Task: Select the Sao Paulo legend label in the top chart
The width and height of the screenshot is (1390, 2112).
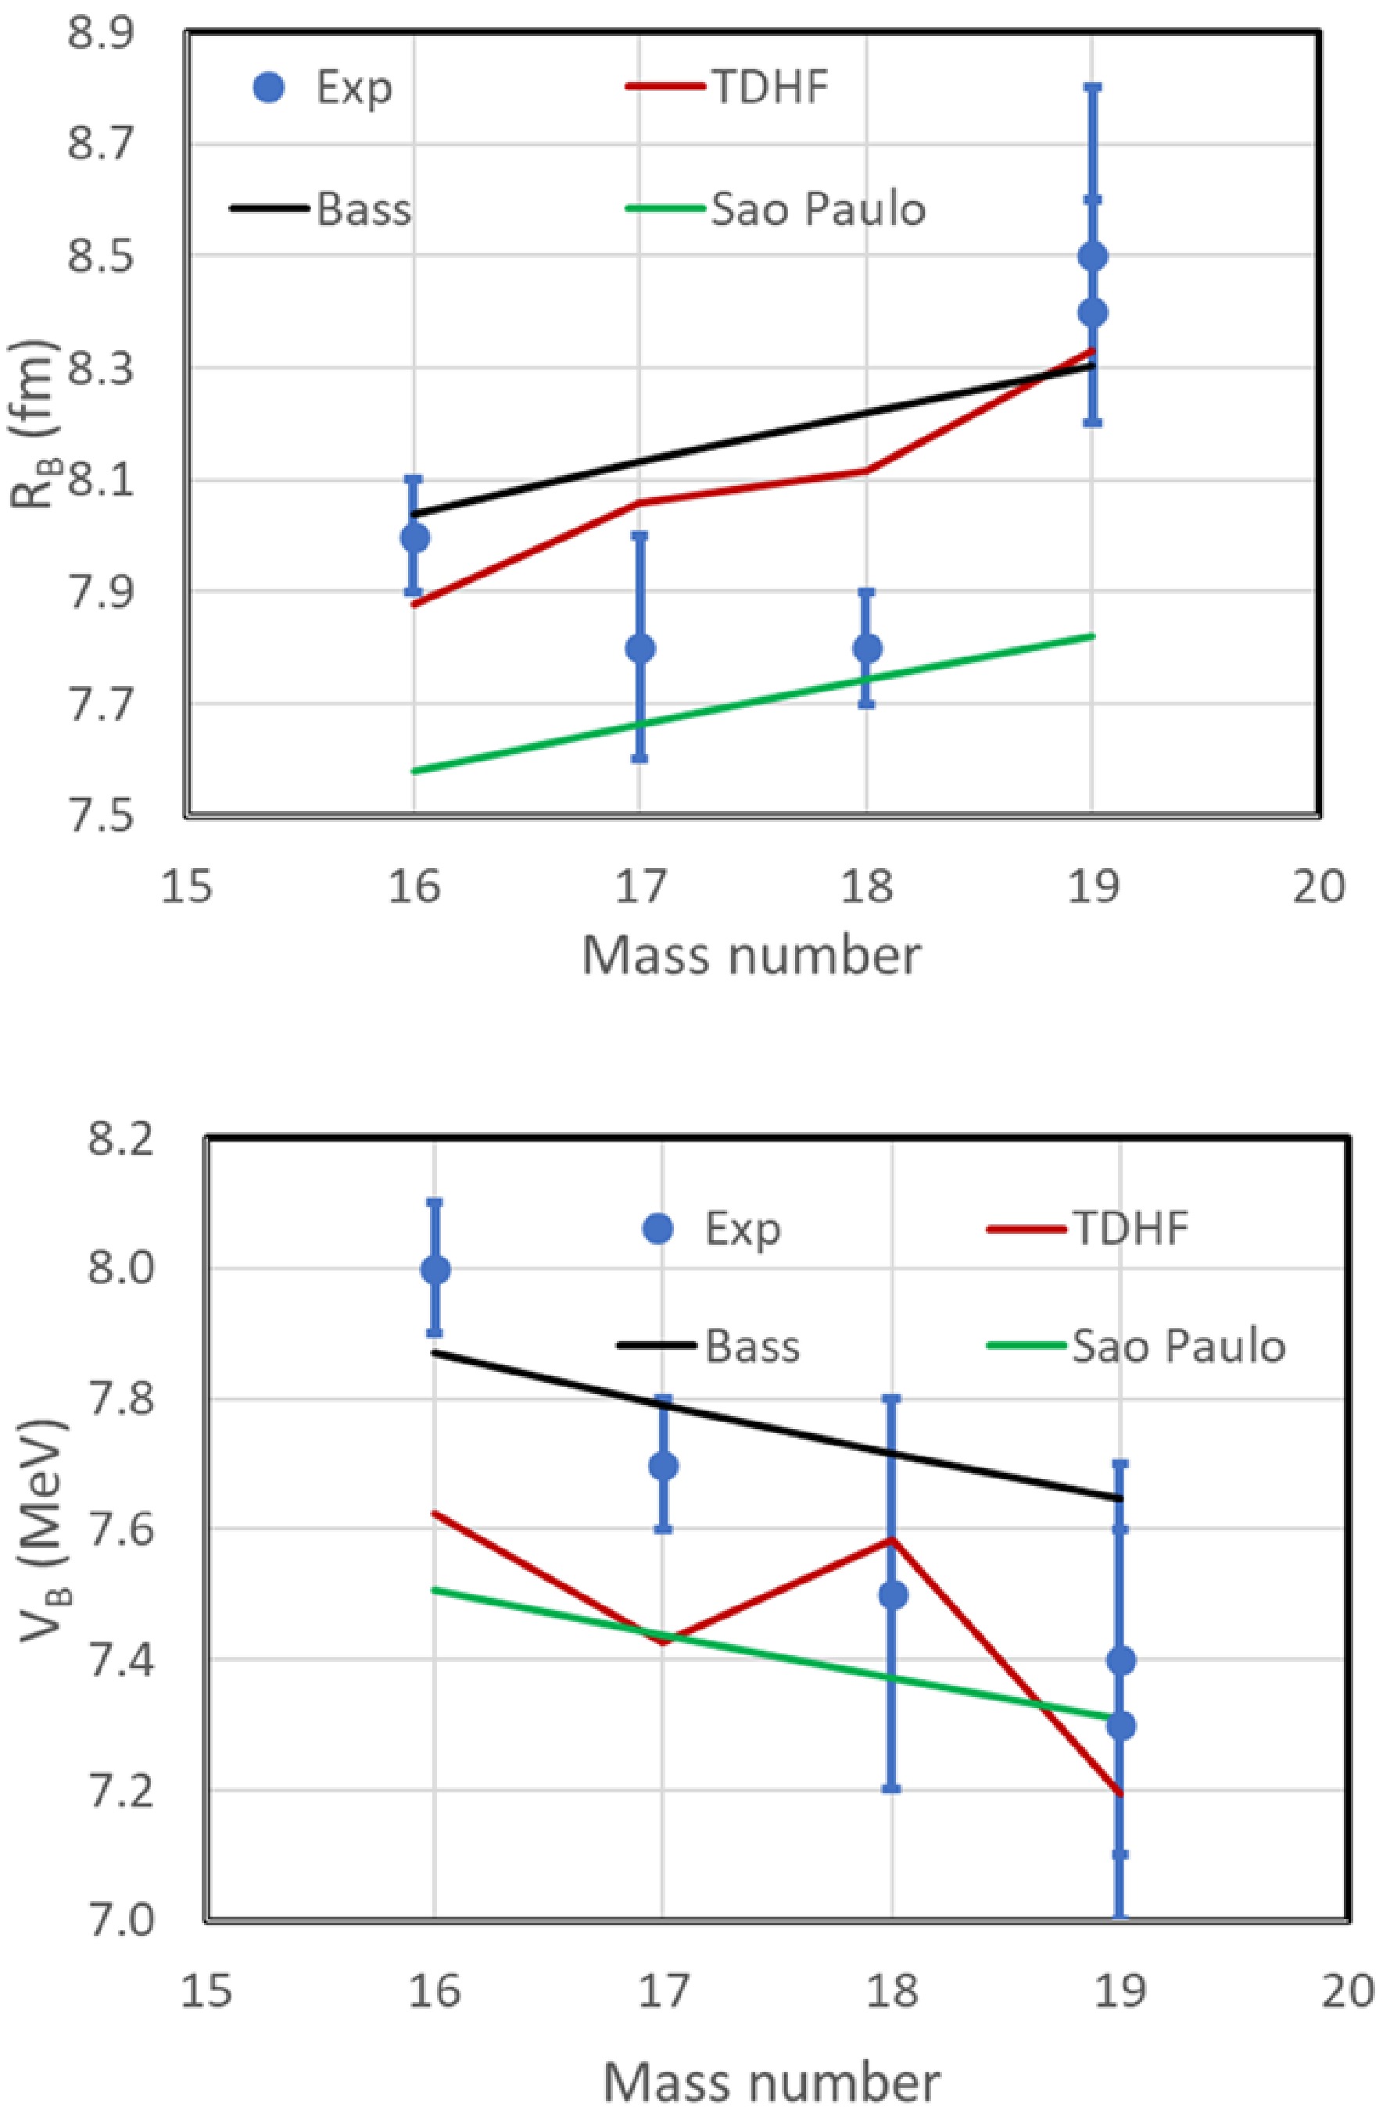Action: [x=818, y=210]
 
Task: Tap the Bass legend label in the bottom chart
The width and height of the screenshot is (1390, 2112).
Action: [x=752, y=1346]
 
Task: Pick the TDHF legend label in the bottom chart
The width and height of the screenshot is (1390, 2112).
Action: [x=1130, y=1228]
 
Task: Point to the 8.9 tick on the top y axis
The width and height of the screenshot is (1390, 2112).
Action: [x=97, y=34]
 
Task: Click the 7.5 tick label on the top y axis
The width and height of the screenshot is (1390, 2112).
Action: [x=97, y=815]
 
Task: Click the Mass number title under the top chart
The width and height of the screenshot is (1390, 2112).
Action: [x=751, y=956]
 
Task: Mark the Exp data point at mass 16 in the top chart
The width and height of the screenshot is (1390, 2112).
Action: [x=414, y=537]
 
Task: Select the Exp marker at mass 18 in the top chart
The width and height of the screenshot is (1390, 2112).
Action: [x=867, y=648]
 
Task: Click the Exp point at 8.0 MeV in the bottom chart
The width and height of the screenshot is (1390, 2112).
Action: [x=435, y=1270]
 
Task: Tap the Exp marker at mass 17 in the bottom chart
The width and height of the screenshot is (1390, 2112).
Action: [x=663, y=1466]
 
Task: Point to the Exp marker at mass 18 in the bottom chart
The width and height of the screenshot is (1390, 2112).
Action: [x=892, y=1595]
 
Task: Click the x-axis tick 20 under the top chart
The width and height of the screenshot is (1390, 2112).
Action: [x=1319, y=887]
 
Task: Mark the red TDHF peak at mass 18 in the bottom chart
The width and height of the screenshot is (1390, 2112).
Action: [x=892, y=1539]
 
